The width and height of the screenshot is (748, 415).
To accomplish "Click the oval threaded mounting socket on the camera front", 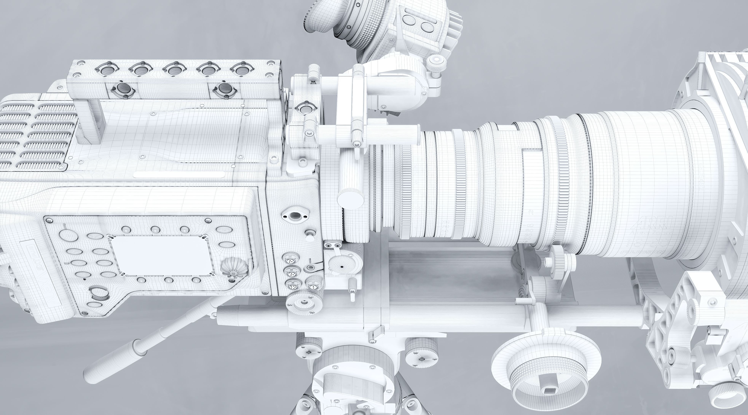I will pyautogui.click(x=295, y=216).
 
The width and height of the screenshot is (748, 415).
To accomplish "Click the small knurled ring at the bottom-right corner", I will pyautogui.click(x=723, y=395).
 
